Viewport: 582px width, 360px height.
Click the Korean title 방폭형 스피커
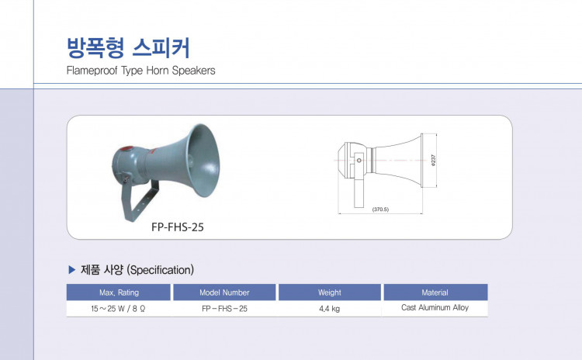[128, 48]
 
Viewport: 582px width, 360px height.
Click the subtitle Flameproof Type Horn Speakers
[140, 71]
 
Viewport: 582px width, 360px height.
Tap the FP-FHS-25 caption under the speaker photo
[178, 227]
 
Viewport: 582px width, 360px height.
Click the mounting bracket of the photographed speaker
[139, 200]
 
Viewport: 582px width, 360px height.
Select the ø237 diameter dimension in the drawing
[434, 160]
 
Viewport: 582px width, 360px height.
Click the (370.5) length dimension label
[380, 209]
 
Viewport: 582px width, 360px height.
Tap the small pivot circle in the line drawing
[359, 161]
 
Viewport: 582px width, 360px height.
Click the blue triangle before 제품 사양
[72, 270]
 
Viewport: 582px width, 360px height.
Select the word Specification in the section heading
[161, 270]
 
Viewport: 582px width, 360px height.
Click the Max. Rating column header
[119, 292]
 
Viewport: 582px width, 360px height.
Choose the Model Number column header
[224, 292]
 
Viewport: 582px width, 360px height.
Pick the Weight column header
[330, 292]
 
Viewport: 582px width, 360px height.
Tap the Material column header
[435, 292]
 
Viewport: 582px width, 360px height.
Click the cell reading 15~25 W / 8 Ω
[119, 309]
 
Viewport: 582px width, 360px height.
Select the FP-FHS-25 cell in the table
[224, 309]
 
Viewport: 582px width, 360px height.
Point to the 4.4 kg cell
[330, 309]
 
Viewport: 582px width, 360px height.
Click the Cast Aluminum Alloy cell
[435, 308]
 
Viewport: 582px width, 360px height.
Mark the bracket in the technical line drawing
[359, 180]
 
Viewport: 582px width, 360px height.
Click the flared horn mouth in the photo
[203, 161]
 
